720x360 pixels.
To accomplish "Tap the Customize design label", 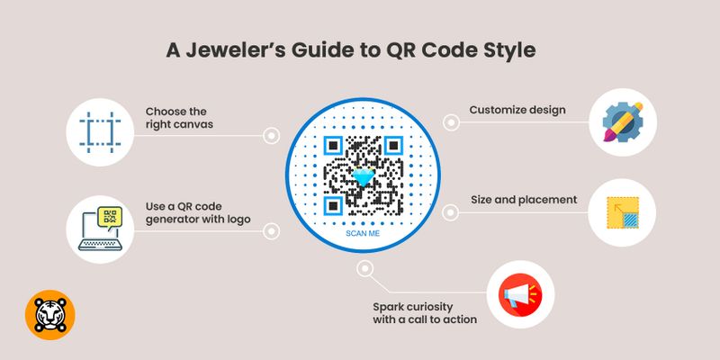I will point(517,111).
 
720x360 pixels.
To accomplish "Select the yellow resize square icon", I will point(621,215).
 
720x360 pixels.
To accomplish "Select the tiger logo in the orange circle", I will point(50,316).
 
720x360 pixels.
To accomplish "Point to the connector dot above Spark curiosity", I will point(364,268).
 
